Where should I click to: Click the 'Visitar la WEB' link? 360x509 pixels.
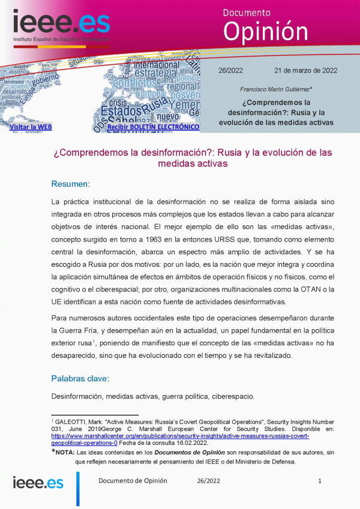coord(31,127)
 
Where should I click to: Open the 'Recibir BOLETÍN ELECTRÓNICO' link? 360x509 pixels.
coord(152,127)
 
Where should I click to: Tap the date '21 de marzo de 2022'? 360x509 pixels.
coord(305,70)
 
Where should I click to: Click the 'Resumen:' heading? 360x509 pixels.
coord(70,183)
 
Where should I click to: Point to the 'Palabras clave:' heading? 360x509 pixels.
coord(80,378)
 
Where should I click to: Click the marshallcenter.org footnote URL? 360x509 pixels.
coord(180,436)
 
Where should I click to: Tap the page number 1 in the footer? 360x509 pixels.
coord(320,481)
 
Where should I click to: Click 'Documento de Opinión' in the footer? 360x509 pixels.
coord(133,481)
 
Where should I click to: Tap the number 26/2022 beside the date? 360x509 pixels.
coord(230,70)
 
